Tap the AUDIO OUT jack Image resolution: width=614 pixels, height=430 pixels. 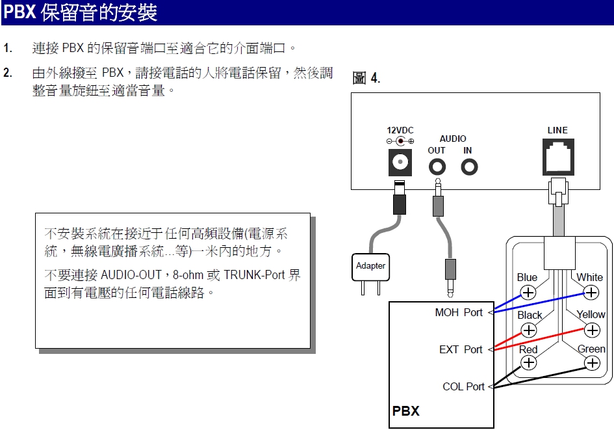pos(437,167)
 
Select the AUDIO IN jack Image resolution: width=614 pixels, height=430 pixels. pos(468,167)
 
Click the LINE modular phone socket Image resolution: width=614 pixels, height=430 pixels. pos(557,158)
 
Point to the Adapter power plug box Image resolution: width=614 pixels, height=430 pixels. pos(370,266)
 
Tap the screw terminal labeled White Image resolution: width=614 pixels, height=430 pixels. pos(591,293)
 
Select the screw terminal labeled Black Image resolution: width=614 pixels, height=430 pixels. pos(530,330)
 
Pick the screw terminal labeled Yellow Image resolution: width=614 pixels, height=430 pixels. pos(592,330)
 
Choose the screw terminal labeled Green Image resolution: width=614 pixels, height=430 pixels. pos(592,362)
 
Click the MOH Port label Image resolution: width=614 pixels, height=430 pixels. pos(459,313)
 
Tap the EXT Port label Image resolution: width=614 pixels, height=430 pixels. pos(461,349)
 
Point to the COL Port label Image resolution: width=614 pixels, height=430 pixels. pos(463,386)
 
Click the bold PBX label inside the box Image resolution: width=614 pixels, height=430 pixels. pos(405,411)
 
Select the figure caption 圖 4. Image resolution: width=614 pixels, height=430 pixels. pos(366,79)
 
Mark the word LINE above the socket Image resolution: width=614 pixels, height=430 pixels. pos(557,131)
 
